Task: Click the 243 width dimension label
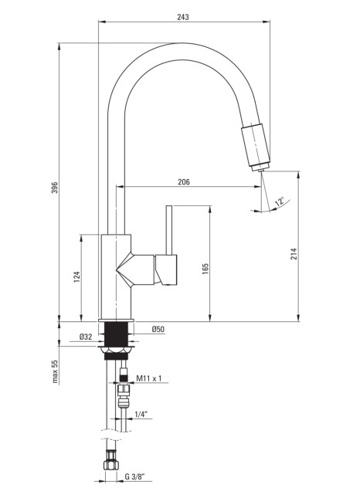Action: tap(183, 17)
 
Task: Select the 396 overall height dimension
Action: tap(55, 188)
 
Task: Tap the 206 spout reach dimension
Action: tap(184, 182)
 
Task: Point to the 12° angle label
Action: tap(280, 201)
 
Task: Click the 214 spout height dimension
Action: tap(294, 254)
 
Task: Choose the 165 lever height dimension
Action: tap(205, 269)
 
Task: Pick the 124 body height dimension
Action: tap(76, 277)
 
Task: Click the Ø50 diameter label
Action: tap(158, 329)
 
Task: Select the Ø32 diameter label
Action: tap(86, 337)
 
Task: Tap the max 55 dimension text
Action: tap(55, 371)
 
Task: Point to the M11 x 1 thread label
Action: tap(149, 378)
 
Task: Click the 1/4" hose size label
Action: tap(141, 415)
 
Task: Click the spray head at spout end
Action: tap(256, 147)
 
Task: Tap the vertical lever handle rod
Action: tap(169, 230)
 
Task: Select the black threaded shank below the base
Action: tap(116, 334)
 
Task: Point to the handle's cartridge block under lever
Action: tap(166, 269)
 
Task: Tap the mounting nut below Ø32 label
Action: tap(116, 353)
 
